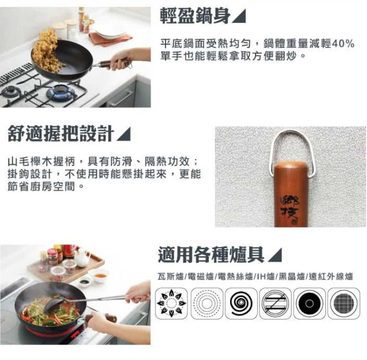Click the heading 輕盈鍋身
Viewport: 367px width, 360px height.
(x=195, y=16)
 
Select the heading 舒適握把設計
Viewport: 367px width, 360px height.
(x=61, y=133)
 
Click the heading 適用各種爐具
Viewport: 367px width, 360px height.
(x=211, y=255)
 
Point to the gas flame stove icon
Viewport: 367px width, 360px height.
(x=172, y=303)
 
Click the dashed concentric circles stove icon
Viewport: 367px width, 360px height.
(x=207, y=303)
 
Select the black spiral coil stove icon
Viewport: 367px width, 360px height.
(x=241, y=303)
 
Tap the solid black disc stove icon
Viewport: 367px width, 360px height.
(x=310, y=303)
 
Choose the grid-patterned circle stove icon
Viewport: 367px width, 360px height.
(x=344, y=303)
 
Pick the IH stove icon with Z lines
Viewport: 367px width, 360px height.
(x=275, y=303)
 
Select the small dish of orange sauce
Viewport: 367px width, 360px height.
(x=100, y=275)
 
